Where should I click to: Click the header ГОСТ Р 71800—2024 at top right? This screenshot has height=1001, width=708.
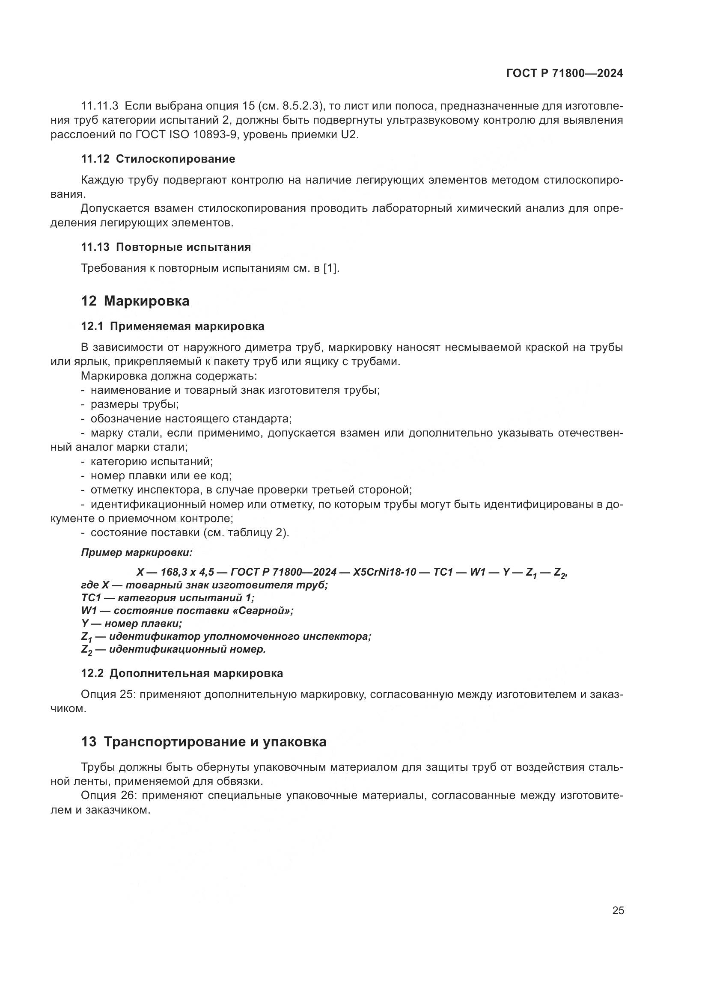565,74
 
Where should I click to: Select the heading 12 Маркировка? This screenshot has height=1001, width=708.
135,301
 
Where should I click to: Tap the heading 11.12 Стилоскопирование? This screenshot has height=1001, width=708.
158,159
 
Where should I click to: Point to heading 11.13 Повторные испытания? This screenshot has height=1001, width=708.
166,247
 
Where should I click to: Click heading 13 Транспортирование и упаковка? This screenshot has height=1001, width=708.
204,742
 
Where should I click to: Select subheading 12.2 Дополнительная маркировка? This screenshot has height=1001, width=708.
182,673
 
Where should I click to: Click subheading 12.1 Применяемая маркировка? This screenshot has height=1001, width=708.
173,326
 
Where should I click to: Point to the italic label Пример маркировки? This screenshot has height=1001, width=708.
137,552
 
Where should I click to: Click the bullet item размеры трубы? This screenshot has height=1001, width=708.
134,404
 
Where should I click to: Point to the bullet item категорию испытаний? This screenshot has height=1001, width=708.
151,461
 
